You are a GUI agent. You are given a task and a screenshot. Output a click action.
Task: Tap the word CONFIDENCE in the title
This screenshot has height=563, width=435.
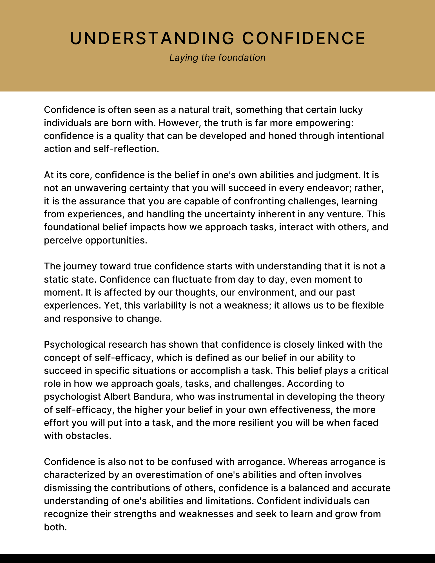304,38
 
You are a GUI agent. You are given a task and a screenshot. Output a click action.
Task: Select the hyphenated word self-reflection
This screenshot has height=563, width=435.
126,149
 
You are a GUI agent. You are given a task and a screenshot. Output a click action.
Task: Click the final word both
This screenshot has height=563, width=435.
55,527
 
